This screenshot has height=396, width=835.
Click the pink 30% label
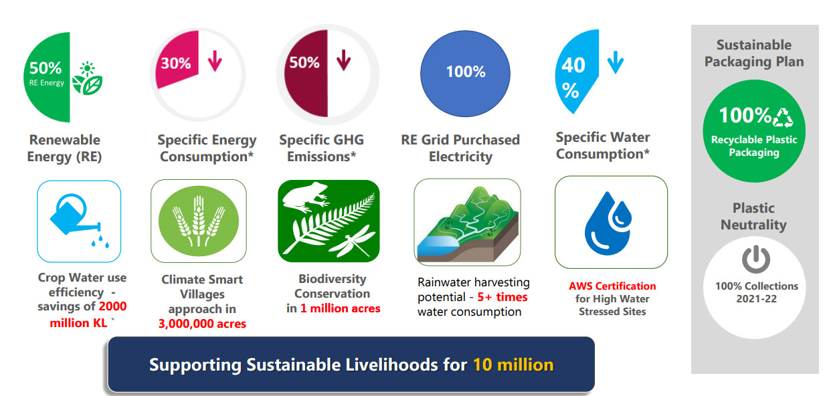click(x=175, y=64)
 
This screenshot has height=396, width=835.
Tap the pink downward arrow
click(x=215, y=61)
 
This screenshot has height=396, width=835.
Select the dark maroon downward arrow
click(x=343, y=60)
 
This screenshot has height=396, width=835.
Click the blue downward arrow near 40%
click(x=616, y=62)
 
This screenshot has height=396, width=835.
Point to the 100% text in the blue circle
click(x=466, y=72)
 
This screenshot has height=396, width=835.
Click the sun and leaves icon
click(x=87, y=78)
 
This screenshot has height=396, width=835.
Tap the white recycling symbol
click(x=783, y=118)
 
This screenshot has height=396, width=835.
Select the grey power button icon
click(x=755, y=260)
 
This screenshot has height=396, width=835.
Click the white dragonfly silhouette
click(x=352, y=241)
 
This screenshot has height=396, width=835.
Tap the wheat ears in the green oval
click(x=199, y=221)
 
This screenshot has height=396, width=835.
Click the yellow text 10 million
click(x=513, y=365)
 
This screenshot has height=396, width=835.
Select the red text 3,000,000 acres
click(x=202, y=323)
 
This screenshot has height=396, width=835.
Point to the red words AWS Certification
click(x=612, y=286)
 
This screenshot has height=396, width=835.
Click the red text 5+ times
click(x=502, y=297)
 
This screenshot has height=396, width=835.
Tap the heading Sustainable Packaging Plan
click(x=754, y=54)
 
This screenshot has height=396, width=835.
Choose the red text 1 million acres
click(x=341, y=308)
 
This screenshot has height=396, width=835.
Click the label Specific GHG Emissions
click(x=321, y=148)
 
